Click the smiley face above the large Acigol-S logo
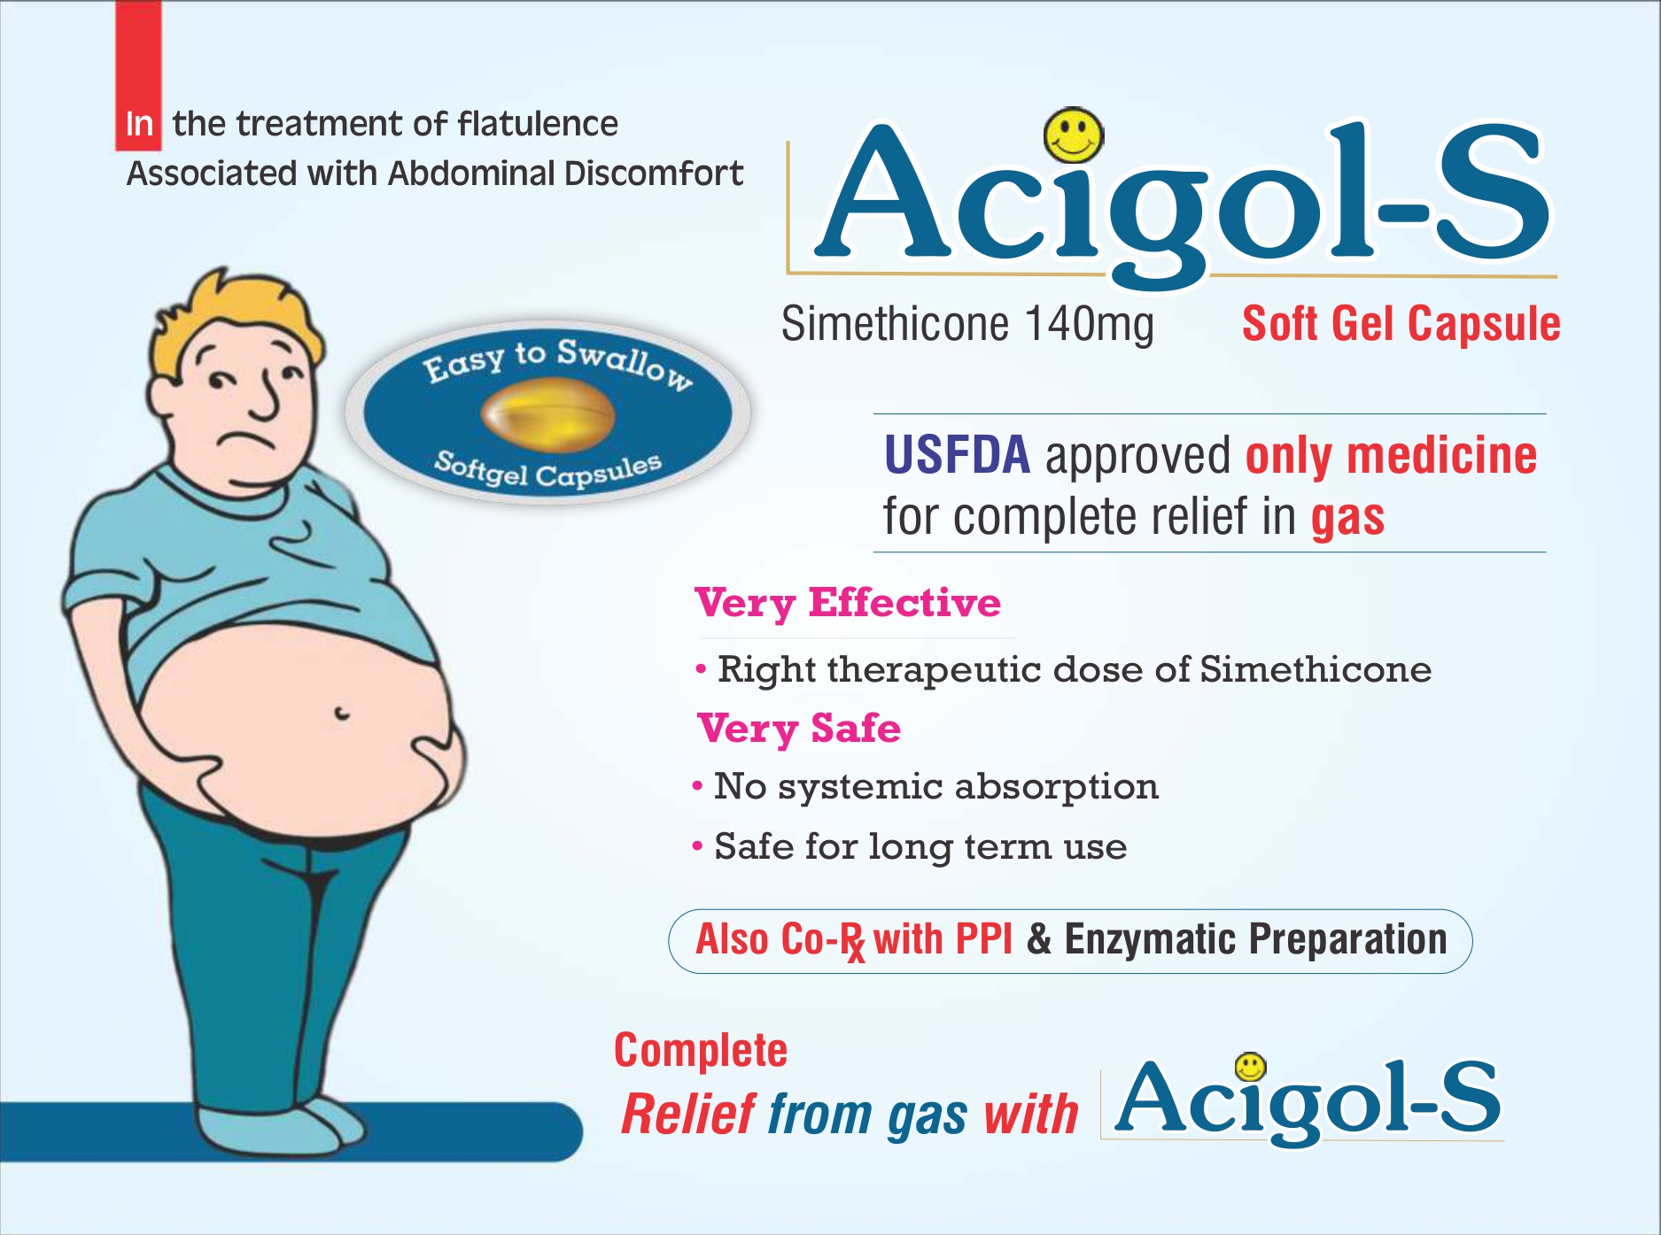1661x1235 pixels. pyautogui.click(x=1074, y=135)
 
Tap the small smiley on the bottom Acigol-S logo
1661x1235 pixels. pyautogui.click(x=1250, y=1067)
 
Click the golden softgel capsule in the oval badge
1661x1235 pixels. pyautogui.click(x=547, y=413)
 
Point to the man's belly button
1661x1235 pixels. pyautogui.click(x=341, y=713)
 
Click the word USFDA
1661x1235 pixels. pyautogui.click(x=957, y=455)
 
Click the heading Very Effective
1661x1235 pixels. pyautogui.click(x=848, y=604)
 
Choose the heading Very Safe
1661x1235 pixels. pyautogui.click(x=799, y=729)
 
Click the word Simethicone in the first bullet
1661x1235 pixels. pyautogui.click(x=1316, y=669)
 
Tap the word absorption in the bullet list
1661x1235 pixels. pyautogui.click(x=1056, y=787)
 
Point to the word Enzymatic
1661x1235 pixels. pyautogui.click(x=1150, y=940)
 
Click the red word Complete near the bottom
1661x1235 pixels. pyautogui.click(x=701, y=1052)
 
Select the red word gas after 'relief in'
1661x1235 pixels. pyautogui.click(x=1347, y=519)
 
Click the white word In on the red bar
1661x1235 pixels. pyautogui.click(x=139, y=124)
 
